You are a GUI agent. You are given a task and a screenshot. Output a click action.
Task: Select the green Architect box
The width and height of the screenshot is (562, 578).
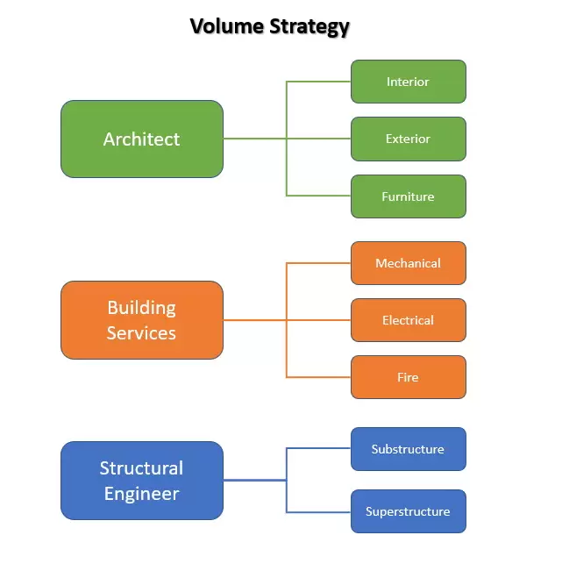[141, 139]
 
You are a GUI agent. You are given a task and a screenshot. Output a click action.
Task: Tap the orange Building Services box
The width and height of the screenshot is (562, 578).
[141, 320]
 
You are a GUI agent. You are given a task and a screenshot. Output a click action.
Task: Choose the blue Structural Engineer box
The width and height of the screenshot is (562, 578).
[141, 481]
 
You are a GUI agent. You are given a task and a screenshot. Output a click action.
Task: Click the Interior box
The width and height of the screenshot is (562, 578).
[408, 82]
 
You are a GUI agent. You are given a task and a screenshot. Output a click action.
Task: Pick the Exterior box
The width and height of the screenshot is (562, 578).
[408, 139]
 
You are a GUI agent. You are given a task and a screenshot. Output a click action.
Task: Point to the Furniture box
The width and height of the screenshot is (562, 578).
[408, 196]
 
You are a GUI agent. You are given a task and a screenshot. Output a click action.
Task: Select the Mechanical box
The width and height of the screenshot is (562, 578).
[408, 263]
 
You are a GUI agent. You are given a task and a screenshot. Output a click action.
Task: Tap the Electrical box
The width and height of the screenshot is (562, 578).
[408, 320]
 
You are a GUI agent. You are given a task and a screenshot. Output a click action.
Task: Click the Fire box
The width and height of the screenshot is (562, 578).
[408, 377]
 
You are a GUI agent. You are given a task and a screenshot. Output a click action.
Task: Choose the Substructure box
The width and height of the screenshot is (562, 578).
[408, 449]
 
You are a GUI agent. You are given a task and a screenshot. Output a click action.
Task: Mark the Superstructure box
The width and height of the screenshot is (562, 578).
[408, 511]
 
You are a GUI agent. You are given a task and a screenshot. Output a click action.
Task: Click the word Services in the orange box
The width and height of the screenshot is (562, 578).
[141, 333]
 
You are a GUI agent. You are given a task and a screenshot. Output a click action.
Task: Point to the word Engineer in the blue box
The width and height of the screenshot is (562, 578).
[141, 494]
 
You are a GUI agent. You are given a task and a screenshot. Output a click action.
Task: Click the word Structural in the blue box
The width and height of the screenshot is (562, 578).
[141, 467]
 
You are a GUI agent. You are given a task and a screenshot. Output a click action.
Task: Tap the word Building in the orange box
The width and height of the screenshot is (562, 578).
[141, 308]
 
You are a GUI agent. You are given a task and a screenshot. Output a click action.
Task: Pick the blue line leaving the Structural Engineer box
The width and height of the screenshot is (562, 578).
[254, 480]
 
